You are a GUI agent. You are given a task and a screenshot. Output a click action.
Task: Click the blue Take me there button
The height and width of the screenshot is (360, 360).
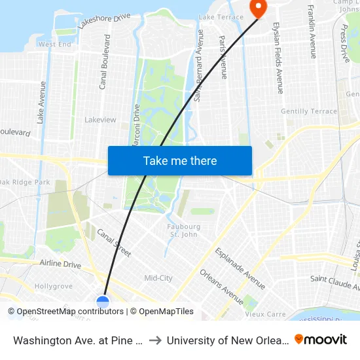[180, 160]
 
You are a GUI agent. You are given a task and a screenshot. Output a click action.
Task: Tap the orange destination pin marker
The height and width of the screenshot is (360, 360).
[259, 7]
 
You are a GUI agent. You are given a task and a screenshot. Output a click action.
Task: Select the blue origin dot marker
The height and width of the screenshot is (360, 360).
[103, 302]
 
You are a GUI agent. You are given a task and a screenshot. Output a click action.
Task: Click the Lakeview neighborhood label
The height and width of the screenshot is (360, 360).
[100, 120]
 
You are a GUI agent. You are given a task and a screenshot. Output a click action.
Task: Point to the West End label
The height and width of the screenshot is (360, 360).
[55, 45]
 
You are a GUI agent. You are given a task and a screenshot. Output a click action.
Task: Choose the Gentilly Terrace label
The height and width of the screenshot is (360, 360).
[309, 111]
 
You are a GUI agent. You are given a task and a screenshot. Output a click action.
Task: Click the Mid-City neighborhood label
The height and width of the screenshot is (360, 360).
[158, 278]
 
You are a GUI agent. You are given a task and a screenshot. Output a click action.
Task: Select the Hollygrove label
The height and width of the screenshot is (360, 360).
[54, 286]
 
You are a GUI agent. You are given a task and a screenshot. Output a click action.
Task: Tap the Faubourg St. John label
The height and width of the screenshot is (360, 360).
[181, 230]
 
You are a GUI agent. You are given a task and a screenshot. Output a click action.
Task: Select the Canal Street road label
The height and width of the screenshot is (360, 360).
[114, 242]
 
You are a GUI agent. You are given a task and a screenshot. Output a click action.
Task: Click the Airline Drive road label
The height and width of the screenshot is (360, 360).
[60, 264]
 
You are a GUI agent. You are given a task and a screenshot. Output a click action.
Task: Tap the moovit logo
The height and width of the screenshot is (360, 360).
[321, 340]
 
